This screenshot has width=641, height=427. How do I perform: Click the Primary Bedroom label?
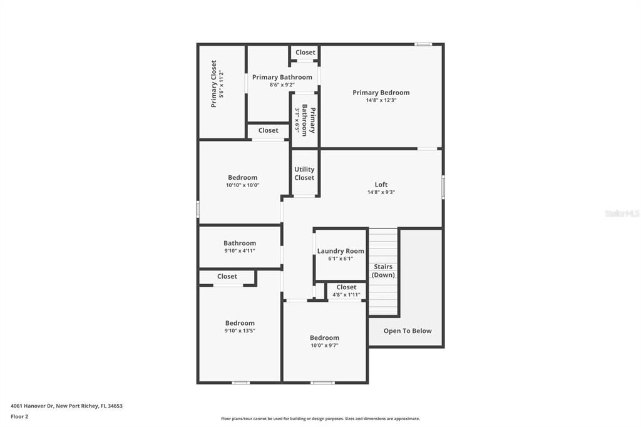pos(381,93)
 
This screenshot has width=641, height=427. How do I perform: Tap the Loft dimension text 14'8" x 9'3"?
pos(381,192)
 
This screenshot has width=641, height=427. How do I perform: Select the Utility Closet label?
pos(305,173)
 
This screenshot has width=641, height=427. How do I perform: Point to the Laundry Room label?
pos(341,250)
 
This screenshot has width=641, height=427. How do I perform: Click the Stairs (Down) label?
pos(383,270)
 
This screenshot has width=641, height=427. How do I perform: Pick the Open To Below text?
pos(408,331)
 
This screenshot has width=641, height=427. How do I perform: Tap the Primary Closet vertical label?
pos(214,84)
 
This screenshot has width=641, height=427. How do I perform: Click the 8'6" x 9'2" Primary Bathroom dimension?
pos(282,85)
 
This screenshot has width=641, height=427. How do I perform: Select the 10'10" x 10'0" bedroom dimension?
pos(243,185)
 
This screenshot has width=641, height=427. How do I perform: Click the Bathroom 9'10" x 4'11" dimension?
pos(240,250)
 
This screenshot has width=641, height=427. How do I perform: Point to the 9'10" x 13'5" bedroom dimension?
pos(240,331)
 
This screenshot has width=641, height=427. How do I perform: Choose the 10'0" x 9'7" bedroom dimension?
pos(325,345)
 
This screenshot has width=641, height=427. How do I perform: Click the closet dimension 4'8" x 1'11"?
pos(346,294)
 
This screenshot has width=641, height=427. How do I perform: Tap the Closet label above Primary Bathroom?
pos(305,53)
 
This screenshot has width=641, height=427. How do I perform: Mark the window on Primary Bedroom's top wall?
pos(423,44)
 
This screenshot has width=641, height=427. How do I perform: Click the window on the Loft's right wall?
pos(443,187)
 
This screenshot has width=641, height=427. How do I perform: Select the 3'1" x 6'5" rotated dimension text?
pos(297,121)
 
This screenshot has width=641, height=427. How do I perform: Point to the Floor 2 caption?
pos(19,417)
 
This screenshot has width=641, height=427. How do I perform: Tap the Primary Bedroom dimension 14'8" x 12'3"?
pos(381,100)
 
